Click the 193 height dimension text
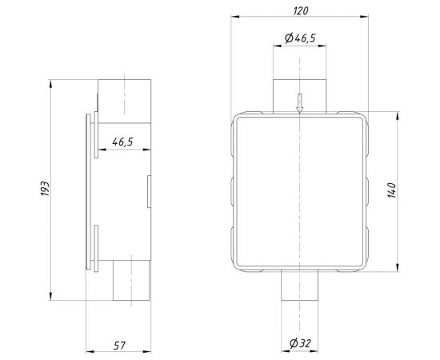click(x=46, y=189)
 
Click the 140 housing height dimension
click(x=391, y=191)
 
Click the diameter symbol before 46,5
click(x=289, y=38)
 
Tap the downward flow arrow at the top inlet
click(x=299, y=102)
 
